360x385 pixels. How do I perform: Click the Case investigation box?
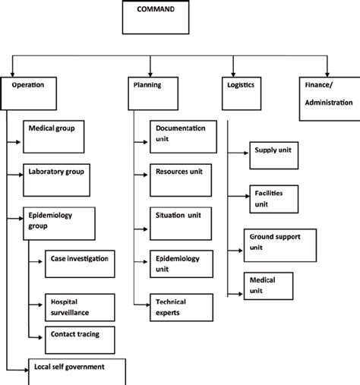click(81, 265)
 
